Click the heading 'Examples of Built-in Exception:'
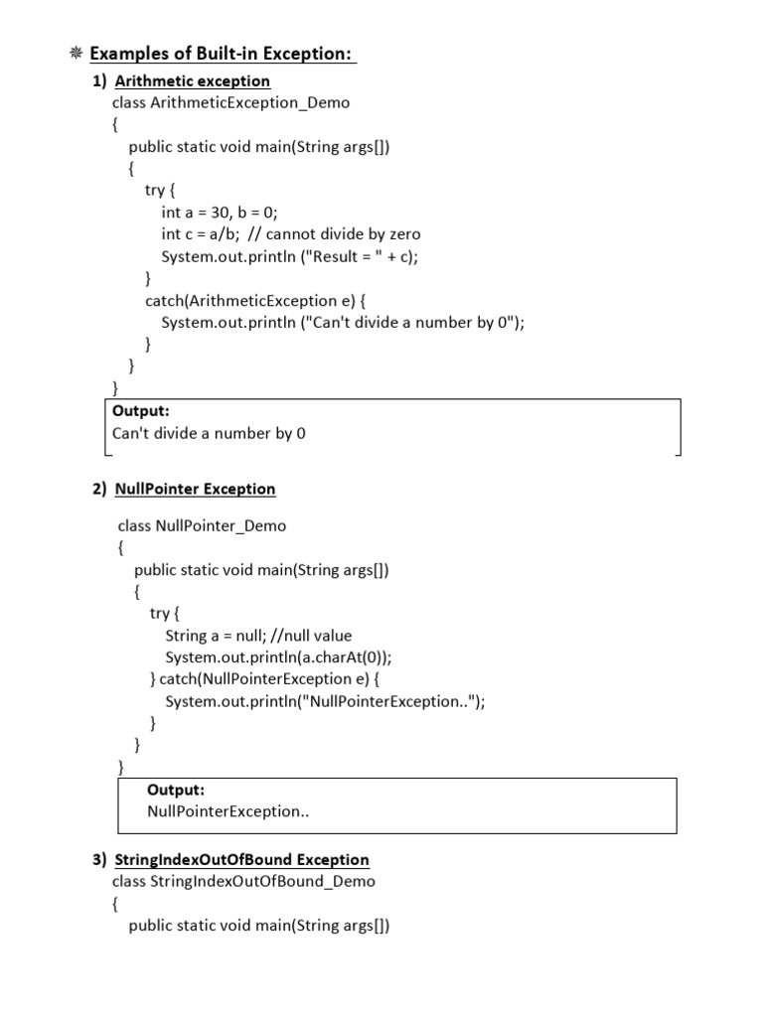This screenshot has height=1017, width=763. coord(223,54)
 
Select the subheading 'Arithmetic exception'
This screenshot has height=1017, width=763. coord(193,80)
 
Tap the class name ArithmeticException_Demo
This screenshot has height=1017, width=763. coord(249,102)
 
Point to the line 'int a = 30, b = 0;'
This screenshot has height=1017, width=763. coord(221,213)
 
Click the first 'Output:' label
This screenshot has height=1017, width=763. coord(141,411)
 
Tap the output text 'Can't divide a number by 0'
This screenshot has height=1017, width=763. coord(209,433)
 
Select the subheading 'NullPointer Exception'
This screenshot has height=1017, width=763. coord(195,489)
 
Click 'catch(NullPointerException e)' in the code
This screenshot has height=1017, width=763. coord(265,679)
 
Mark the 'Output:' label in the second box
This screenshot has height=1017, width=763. coord(176,790)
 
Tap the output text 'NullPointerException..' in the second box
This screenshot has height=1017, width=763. coord(229,811)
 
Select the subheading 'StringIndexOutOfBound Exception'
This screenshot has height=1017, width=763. coord(241,859)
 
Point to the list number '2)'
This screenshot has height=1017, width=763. coord(99,489)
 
